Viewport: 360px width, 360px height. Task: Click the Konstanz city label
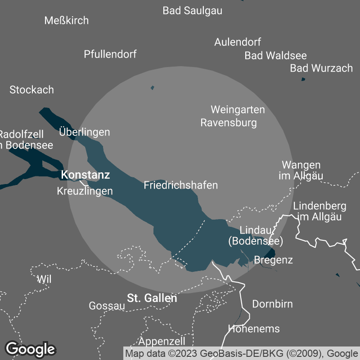(x=85, y=175)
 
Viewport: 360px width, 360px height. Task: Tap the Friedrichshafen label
(x=181, y=185)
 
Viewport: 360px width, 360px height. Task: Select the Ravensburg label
(x=229, y=122)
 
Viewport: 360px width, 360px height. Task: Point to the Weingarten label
(x=238, y=109)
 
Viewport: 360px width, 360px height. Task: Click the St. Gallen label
(x=152, y=298)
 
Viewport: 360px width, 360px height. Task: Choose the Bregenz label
(x=274, y=260)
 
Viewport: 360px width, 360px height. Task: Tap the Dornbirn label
(x=272, y=304)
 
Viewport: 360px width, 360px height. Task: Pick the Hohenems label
(x=254, y=328)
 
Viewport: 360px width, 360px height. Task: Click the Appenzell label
(x=162, y=341)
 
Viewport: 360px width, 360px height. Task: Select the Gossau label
(x=107, y=306)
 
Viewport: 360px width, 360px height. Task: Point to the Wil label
(x=44, y=279)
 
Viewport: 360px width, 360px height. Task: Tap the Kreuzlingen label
(x=85, y=191)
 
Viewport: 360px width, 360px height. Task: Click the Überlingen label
(x=85, y=132)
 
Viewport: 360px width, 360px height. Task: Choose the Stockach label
(x=31, y=90)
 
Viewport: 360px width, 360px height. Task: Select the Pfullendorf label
(x=110, y=54)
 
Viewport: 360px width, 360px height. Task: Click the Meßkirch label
(x=67, y=20)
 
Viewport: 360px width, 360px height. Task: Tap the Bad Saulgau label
(x=193, y=10)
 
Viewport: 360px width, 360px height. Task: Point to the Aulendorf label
(x=238, y=42)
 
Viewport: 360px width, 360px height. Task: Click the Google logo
(x=31, y=349)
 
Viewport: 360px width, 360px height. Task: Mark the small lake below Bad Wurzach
(x=303, y=80)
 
